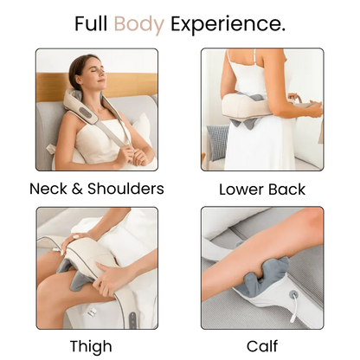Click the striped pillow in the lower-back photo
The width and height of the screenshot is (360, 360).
click(x=217, y=142)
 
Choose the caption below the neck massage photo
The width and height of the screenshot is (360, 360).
click(x=96, y=188)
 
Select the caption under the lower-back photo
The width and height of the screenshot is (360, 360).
click(x=261, y=188)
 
